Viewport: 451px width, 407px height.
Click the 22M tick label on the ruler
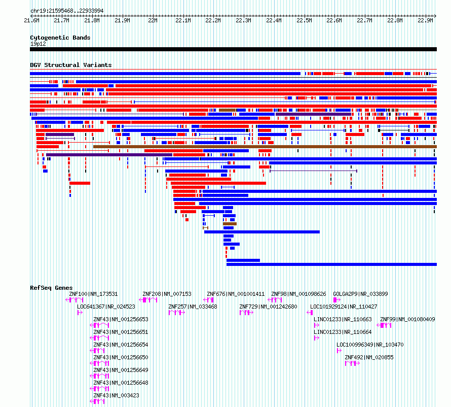[153, 20]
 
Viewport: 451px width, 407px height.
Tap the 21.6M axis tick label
[31, 20]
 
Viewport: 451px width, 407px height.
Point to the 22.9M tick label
[425, 20]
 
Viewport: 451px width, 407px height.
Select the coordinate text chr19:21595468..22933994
[67, 11]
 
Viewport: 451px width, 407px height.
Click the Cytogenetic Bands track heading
[60, 38]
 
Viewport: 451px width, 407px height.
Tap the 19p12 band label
[38, 44]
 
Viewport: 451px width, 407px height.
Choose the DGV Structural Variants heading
[71, 65]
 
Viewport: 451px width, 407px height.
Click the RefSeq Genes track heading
[51, 288]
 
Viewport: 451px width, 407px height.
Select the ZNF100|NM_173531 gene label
[93, 294]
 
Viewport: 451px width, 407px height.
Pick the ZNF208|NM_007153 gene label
[167, 294]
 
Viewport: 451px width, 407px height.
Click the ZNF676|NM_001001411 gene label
[236, 294]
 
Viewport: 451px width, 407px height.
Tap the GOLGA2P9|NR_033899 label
[360, 294]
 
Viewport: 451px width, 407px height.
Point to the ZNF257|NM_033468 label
[193, 307]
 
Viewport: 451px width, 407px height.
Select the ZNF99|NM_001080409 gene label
[407, 319]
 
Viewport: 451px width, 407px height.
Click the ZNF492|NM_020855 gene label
[369, 357]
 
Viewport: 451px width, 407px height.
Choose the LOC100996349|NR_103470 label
[370, 345]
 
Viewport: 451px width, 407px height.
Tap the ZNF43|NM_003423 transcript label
[116, 395]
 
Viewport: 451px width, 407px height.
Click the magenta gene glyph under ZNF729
[246, 313]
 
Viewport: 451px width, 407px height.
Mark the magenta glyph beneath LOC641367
[80, 313]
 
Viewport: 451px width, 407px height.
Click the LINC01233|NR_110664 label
[343, 332]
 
